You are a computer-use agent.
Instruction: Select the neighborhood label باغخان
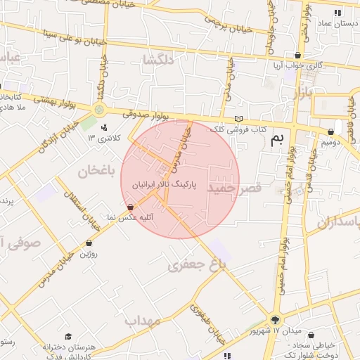(96, 169)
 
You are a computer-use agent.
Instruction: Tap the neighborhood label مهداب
(144, 321)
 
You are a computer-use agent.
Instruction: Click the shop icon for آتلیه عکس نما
(130, 207)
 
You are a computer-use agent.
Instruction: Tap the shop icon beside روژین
(89, 243)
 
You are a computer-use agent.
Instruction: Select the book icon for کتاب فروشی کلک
(238, 118)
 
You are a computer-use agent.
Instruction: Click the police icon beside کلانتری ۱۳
(105, 127)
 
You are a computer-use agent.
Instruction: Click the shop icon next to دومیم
(330, 131)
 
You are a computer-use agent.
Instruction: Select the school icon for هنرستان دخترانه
(68, 337)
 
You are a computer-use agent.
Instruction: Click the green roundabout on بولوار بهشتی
(99, 110)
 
